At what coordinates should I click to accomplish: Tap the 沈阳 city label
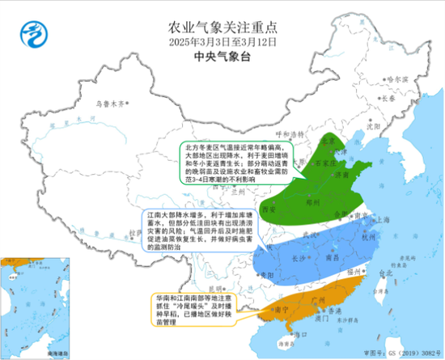click(x=372, y=126)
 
